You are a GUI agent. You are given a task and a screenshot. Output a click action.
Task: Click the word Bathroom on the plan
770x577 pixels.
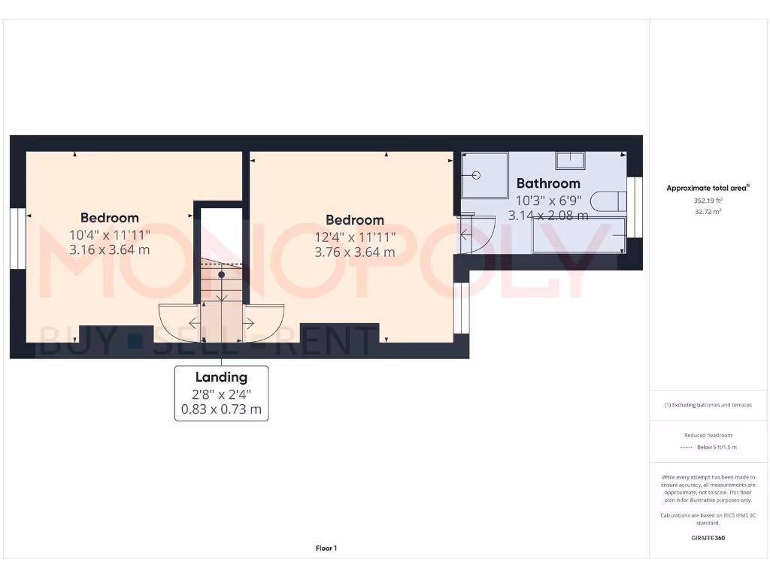[x=548, y=183]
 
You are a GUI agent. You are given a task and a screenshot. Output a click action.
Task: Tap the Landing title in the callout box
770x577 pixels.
[x=221, y=377]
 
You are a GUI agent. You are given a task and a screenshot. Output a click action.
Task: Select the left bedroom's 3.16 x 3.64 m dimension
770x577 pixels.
[x=110, y=249]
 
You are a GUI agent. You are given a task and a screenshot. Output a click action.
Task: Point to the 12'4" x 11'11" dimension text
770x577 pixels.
[x=355, y=237]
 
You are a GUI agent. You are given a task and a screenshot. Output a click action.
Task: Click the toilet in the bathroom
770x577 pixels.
[x=608, y=201]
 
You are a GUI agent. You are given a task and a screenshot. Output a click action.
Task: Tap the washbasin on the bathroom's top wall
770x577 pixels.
[x=570, y=160]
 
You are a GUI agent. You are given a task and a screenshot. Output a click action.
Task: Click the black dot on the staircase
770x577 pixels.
[x=221, y=275]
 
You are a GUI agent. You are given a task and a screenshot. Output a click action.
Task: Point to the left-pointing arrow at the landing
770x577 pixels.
[x=194, y=324]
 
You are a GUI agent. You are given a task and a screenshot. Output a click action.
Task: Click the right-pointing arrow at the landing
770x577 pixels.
[x=248, y=324]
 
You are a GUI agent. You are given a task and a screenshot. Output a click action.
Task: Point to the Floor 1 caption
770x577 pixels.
[x=326, y=548]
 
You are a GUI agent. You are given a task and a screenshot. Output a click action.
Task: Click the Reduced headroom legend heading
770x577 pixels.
[x=708, y=435]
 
